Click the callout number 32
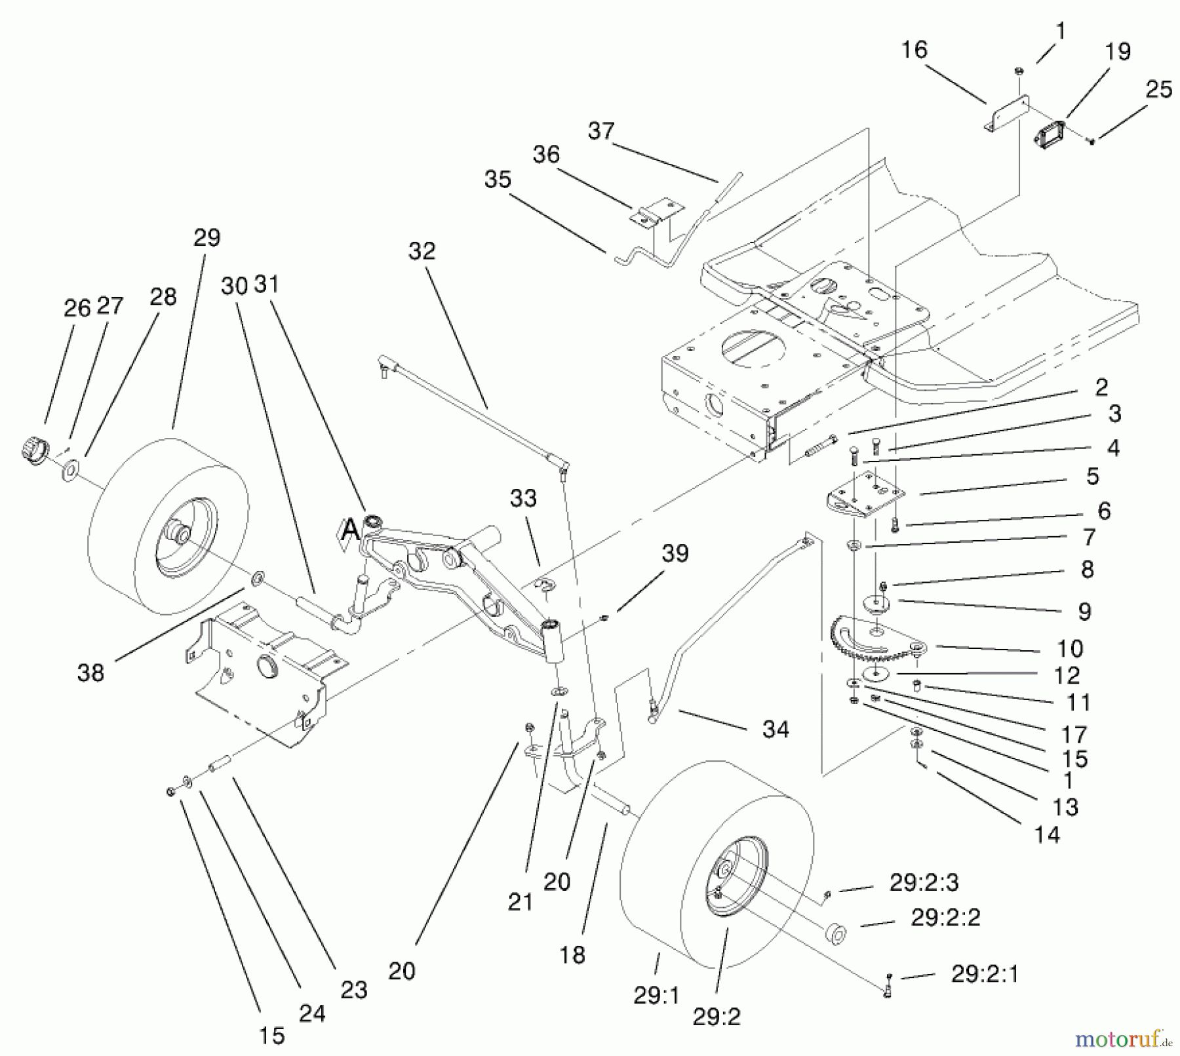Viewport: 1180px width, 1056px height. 422,251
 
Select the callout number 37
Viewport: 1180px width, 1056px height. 600,131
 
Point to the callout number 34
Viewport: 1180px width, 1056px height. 776,729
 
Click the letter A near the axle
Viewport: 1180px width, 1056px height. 351,529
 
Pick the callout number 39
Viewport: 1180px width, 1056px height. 675,553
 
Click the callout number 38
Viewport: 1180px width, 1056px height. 90,673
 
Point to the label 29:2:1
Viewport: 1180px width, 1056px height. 985,975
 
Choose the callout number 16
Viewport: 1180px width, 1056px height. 914,50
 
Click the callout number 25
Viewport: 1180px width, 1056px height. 1158,90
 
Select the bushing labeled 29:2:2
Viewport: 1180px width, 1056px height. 836,933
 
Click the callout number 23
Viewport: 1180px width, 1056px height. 353,990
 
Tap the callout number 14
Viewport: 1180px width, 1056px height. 1046,835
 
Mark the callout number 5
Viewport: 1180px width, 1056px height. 1092,477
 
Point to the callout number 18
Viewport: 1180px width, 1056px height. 572,955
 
